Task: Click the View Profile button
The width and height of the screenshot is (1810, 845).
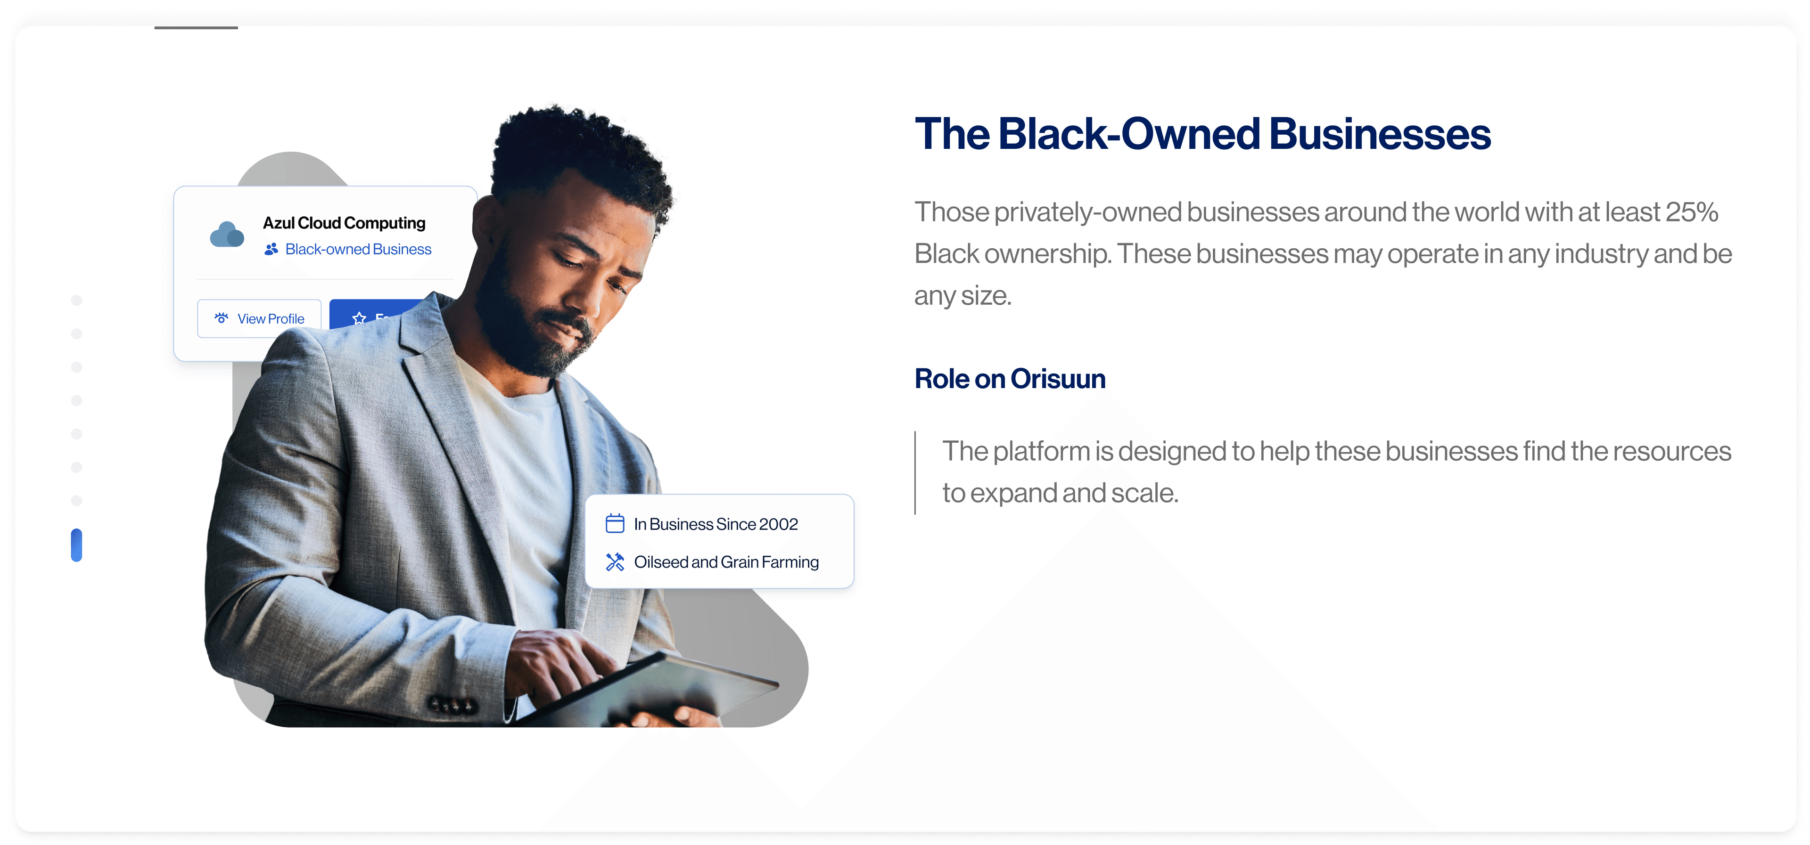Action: tap(259, 318)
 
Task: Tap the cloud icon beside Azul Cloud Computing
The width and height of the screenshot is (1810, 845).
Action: tap(227, 235)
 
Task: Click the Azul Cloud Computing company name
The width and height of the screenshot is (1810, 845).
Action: tap(344, 223)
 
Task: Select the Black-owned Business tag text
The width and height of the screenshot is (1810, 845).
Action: tap(358, 249)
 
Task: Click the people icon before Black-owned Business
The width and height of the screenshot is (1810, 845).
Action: tap(271, 249)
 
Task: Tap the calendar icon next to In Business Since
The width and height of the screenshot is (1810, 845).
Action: tap(615, 523)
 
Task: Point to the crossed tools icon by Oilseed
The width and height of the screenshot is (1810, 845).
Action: tap(615, 562)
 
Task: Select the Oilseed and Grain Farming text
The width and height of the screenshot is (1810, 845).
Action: tap(726, 562)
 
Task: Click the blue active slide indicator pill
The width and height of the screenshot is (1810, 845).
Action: tap(76, 545)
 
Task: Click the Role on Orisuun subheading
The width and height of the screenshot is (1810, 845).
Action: tap(1010, 379)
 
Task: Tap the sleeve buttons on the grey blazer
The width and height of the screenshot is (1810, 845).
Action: tap(452, 705)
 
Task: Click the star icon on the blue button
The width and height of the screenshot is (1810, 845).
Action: tap(359, 318)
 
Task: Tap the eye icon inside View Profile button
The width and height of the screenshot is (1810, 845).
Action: tap(222, 318)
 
